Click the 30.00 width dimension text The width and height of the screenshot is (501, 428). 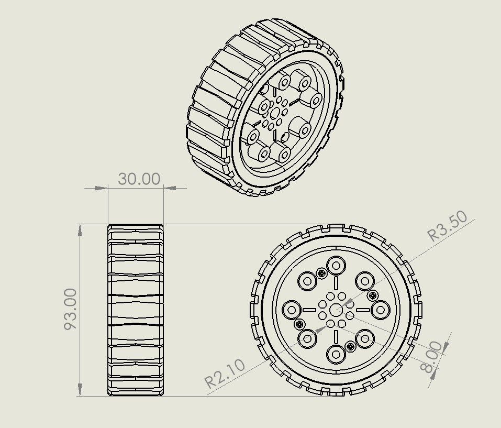[x=139, y=179]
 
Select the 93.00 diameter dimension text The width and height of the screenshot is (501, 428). [x=71, y=309]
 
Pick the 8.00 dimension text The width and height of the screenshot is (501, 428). [x=431, y=356]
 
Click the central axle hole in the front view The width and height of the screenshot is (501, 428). [x=335, y=310]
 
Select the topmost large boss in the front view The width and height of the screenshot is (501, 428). [x=335, y=265]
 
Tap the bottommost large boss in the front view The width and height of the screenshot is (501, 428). [x=335, y=355]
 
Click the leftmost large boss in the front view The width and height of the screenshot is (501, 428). [x=290, y=310]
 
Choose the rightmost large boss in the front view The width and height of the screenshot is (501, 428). [x=380, y=310]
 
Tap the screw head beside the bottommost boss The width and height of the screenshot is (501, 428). [x=350, y=346]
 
